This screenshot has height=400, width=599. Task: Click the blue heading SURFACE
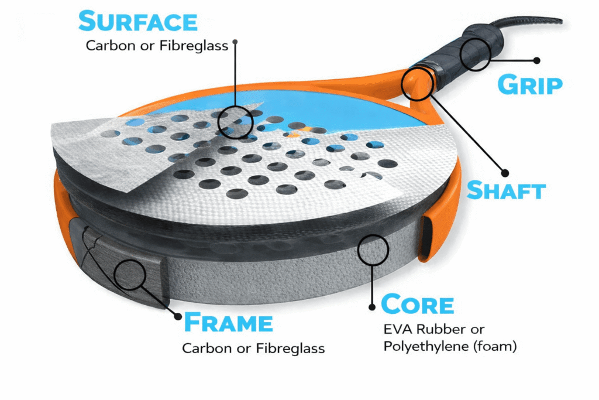(x=138, y=21)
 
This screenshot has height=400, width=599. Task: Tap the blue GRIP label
(x=530, y=85)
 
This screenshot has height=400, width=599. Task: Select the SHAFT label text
(x=506, y=190)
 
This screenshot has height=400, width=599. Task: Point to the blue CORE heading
(x=418, y=305)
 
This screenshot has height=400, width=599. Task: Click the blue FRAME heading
(x=229, y=322)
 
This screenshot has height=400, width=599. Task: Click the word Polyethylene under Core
(x=426, y=347)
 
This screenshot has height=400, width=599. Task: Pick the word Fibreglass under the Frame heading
(x=290, y=348)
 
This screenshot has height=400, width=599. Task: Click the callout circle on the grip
(x=475, y=54)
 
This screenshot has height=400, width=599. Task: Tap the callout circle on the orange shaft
(x=416, y=84)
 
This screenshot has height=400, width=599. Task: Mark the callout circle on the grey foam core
(x=373, y=250)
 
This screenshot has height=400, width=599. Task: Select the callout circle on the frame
(x=130, y=275)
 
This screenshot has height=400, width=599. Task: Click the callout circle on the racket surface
(x=235, y=122)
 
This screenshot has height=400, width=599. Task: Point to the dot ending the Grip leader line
(x=537, y=60)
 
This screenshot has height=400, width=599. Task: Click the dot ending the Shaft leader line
(x=505, y=173)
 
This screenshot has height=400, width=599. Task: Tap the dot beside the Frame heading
(x=178, y=316)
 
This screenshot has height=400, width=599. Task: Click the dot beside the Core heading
(x=371, y=307)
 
